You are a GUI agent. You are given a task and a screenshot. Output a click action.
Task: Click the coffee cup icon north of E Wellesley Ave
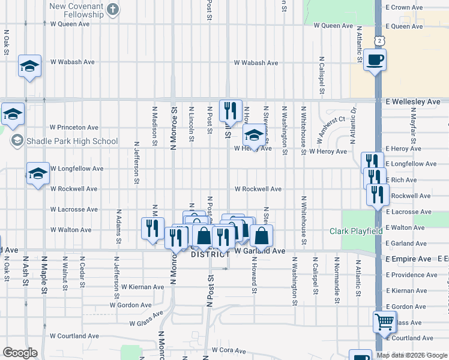[x=375, y=60]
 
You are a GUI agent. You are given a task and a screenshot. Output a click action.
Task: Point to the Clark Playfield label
[x=357, y=231]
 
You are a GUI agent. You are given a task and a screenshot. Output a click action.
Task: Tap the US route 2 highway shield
[x=379, y=40]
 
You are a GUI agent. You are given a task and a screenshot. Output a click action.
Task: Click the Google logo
[x=20, y=353]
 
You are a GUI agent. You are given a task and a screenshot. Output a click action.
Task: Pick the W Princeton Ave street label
[x=74, y=127]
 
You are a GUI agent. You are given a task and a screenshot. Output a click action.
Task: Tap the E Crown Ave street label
[x=405, y=7]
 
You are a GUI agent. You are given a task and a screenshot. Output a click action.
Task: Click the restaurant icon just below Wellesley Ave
[x=231, y=110]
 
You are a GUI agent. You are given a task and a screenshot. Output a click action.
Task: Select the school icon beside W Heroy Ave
[x=254, y=135]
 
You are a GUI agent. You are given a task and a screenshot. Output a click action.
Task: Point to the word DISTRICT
[x=210, y=254]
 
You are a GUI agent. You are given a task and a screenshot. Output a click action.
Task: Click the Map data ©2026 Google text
[x=412, y=355]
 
